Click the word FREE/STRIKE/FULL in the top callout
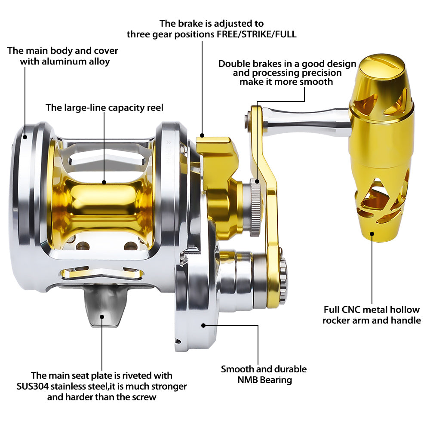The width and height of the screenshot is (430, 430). point(257,34)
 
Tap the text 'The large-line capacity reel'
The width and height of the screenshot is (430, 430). point(104,107)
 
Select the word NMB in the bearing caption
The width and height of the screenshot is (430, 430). point(247,380)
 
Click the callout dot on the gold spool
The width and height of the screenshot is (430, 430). point(104,182)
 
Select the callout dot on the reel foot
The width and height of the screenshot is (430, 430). point(102,317)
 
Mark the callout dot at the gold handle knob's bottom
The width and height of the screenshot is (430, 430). point(372,234)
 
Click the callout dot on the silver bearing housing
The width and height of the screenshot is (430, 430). point(203,326)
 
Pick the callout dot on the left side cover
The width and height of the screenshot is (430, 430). point(25,137)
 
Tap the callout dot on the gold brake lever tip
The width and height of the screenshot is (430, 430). point(202,135)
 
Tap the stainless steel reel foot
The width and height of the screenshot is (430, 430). point(104,306)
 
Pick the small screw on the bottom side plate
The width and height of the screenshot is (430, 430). point(178,342)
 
